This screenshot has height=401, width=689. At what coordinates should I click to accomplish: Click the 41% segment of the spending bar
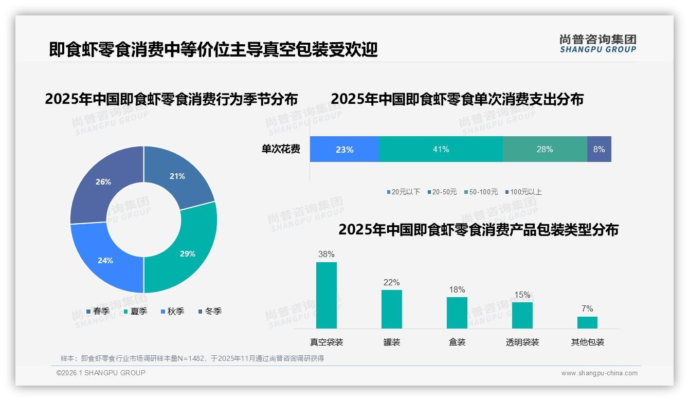pyautogui.click(x=441, y=149)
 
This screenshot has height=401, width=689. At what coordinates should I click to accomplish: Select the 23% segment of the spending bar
pyautogui.click(x=344, y=149)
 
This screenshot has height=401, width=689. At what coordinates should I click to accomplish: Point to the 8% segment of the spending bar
pyautogui.click(x=599, y=149)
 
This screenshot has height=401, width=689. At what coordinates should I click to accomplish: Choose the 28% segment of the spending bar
pyautogui.click(x=545, y=149)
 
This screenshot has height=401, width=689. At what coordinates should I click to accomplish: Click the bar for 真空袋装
pyautogui.click(x=327, y=295)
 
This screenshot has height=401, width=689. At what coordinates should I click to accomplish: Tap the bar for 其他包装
pyautogui.click(x=587, y=322)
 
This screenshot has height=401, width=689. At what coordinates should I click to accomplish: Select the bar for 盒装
pyautogui.click(x=457, y=313)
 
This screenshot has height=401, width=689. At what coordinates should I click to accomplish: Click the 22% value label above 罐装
pyautogui.click(x=391, y=282)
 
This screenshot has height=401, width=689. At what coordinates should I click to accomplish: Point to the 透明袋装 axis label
pyautogui.click(x=522, y=342)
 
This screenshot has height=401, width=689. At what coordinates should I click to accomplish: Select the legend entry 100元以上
pyautogui.click(x=523, y=192)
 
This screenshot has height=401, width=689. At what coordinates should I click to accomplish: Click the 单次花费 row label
pyautogui.click(x=281, y=149)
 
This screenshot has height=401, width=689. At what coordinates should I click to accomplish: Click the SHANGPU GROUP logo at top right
pyautogui.click(x=598, y=43)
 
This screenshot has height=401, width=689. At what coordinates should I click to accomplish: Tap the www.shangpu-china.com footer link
pyautogui.click(x=599, y=373)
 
